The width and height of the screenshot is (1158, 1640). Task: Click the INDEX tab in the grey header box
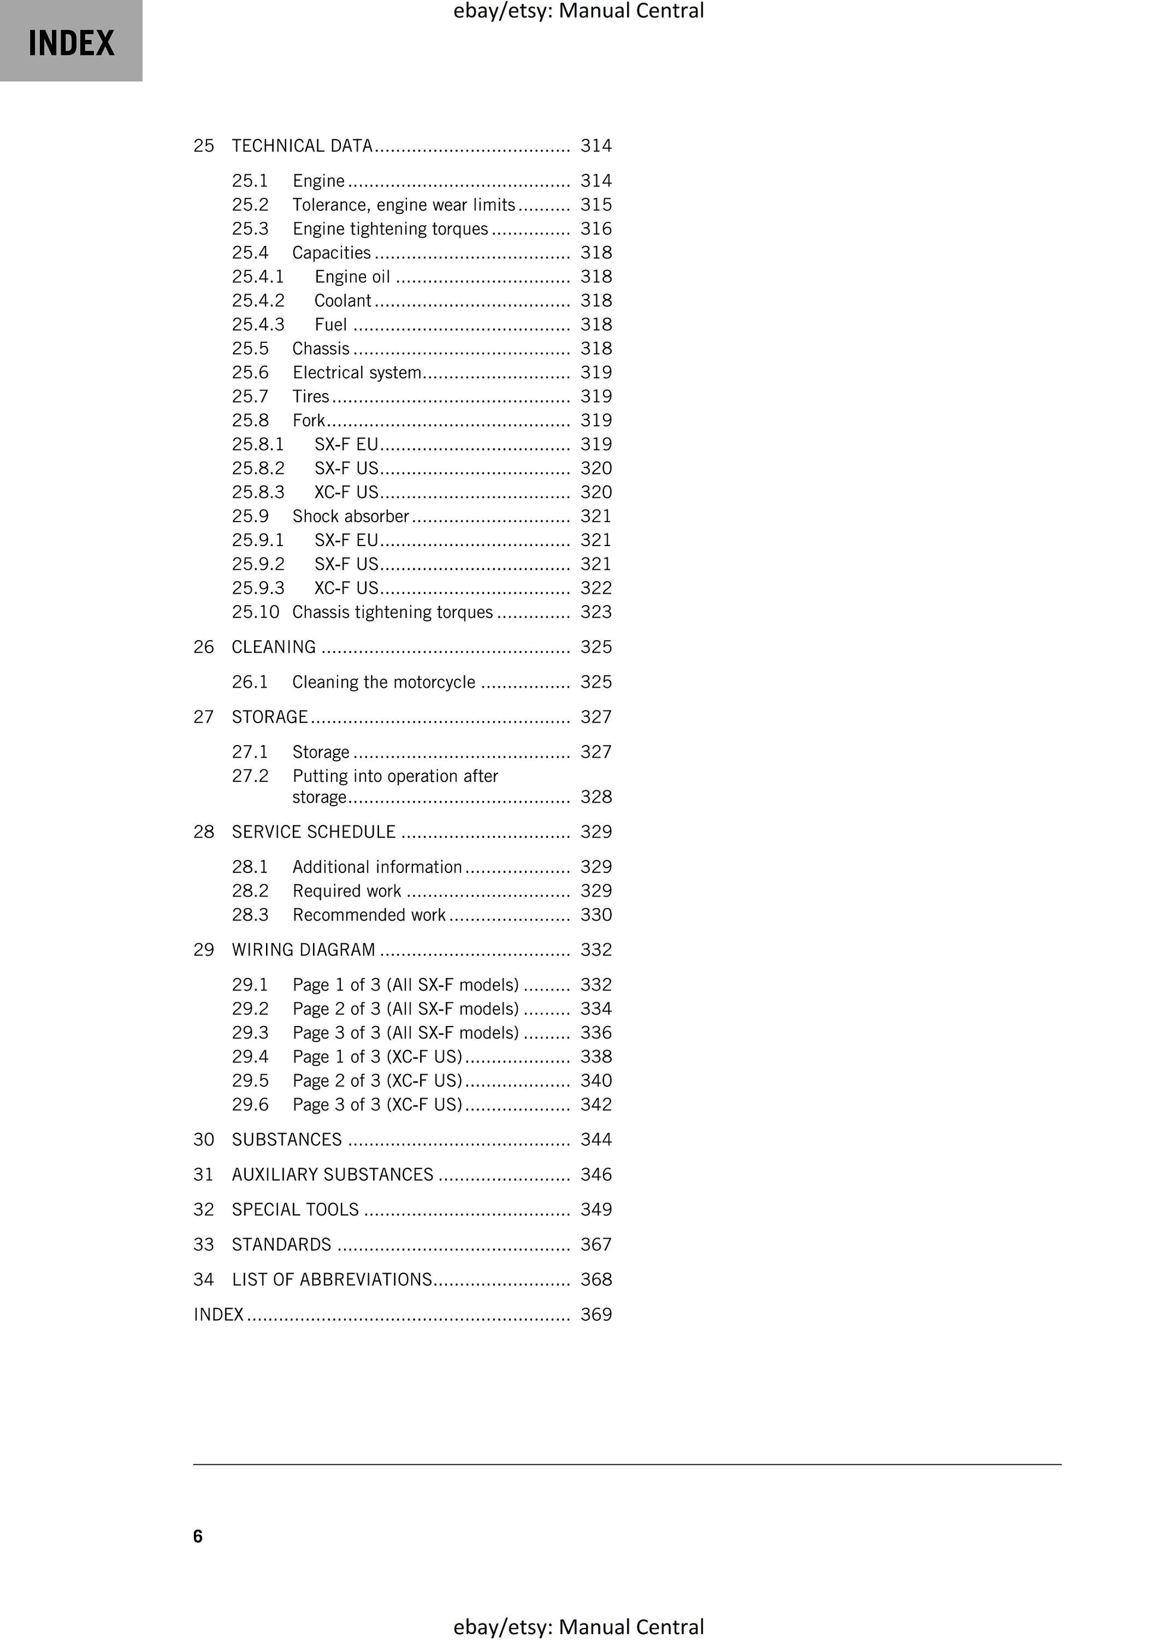pyautogui.click(x=71, y=43)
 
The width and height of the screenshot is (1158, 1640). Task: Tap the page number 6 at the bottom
pyautogui.click(x=198, y=1536)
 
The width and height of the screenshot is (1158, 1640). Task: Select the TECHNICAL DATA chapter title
pyautogui.click(x=302, y=146)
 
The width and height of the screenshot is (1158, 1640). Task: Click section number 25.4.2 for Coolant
pyautogui.click(x=258, y=301)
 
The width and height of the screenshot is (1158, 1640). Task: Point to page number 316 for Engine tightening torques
pyautogui.click(x=596, y=229)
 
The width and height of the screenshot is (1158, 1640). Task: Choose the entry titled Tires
pyautogui.click(x=311, y=397)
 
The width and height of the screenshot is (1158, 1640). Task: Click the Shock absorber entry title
pyautogui.click(x=350, y=516)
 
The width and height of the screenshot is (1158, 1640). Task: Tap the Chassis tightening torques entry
pyautogui.click(x=392, y=612)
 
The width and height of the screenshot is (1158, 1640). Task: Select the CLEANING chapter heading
pyautogui.click(x=274, y=647)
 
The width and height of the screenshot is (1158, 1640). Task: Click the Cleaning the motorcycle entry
pyautogui.click(x=383, y=682)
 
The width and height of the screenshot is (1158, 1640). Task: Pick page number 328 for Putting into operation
pyautogui.click(x=596, y=797)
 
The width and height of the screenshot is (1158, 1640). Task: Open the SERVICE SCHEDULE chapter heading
pyautogui.click(x=314, y=832)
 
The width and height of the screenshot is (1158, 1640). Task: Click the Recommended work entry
pyautogui.click(x=368, y=915)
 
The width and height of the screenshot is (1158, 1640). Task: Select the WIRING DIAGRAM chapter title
pyautogui.click(x=303, y=950)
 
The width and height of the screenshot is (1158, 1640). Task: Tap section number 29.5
pyautogui.click(x=250, y=1081)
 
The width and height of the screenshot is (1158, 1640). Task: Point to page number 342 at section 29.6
pyautogui.click(x=596, y=1105)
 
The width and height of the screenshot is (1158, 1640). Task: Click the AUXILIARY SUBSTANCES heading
pyautogui.click(x=333, y=1175)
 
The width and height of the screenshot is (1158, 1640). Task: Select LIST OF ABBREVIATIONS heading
pyautogui.click(x=333, y=1280)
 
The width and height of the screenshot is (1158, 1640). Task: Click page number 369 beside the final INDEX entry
pyautogui.click(x=596, y=1315)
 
